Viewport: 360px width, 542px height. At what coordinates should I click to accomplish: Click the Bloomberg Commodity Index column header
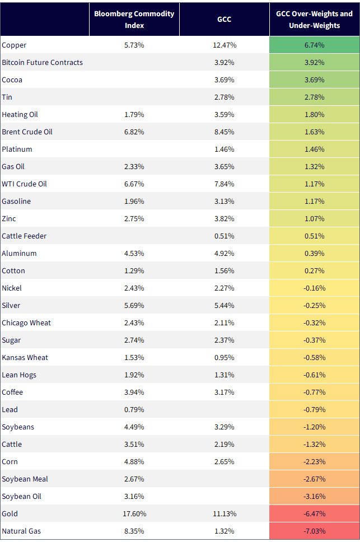click(134, 20)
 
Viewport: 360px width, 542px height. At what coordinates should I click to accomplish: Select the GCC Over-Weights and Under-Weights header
click(315, 20)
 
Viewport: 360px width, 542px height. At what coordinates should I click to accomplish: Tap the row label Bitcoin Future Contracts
click(42, 63)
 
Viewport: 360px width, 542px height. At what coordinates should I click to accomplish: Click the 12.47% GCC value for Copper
click(225, 45)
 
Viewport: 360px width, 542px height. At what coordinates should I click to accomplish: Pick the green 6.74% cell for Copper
click(315, 45)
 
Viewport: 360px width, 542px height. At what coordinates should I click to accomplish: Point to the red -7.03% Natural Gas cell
click(315, 531)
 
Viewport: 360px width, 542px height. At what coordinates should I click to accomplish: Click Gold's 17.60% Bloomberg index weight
click(134, 513)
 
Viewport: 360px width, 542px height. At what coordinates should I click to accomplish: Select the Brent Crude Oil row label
click(27, 132)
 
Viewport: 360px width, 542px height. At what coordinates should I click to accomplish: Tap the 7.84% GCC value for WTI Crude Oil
click(224, 184)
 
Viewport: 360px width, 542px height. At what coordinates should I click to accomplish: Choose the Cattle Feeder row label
click(24, 236)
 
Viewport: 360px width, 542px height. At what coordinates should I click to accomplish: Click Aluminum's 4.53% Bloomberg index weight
click(134, 254)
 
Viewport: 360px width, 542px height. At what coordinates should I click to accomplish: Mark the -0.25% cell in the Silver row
click(315, 306)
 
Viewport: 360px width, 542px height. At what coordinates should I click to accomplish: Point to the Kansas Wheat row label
click(25, 357)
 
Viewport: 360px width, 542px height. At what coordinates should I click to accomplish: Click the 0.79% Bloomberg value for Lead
click(134, 410)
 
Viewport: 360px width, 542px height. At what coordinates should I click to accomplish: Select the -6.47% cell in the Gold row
click(315, 513)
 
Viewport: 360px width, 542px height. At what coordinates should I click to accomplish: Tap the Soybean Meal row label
click(25, 479)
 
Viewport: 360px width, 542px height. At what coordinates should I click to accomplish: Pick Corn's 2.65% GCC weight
click(224, 462)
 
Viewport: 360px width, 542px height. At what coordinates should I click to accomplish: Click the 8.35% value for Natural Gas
click(134, 531)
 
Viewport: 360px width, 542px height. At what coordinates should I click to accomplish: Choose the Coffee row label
click(12, 393)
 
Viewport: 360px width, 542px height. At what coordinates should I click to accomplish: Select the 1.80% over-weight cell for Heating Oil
click(315, 115)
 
